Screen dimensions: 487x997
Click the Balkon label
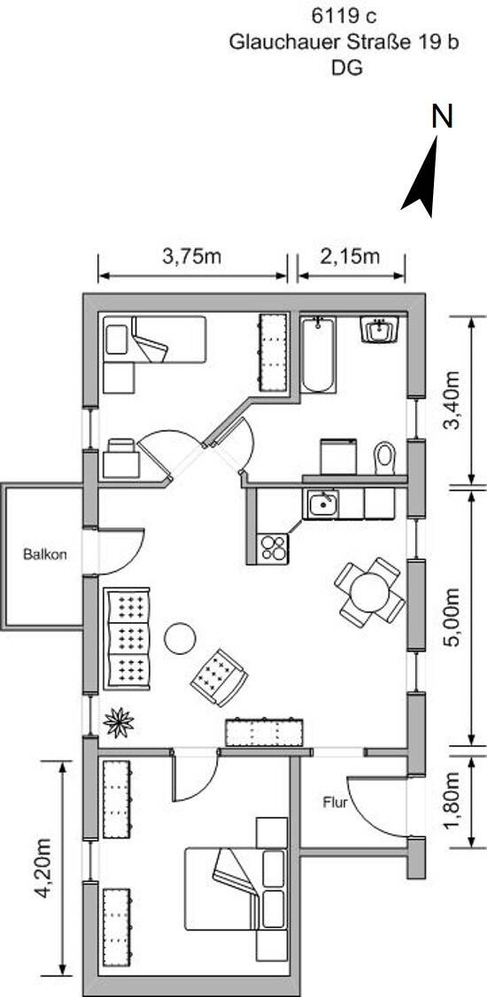point(44,554)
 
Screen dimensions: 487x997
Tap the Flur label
point(336,802)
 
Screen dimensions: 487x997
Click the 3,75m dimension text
point(192,256)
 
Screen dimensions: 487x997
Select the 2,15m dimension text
point(350,256)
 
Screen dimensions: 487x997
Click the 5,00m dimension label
point(452,617)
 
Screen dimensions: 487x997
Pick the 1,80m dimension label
point(452,800)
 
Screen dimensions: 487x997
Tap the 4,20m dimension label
point(43,868)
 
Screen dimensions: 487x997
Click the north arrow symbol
point(422,178)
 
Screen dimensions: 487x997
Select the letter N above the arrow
point(442,116)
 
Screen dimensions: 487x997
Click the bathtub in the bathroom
point(317,355)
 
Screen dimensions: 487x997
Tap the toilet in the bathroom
point(385,457)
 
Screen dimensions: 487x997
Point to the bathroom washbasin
point(379,330)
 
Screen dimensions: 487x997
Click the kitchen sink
point(323,503)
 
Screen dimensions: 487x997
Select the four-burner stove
point(274,548)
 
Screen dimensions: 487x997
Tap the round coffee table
point(180,638)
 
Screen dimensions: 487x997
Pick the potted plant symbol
point(119,722)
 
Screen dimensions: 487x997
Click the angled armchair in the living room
point(219,677)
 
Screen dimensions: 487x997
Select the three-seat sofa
point(127,638)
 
